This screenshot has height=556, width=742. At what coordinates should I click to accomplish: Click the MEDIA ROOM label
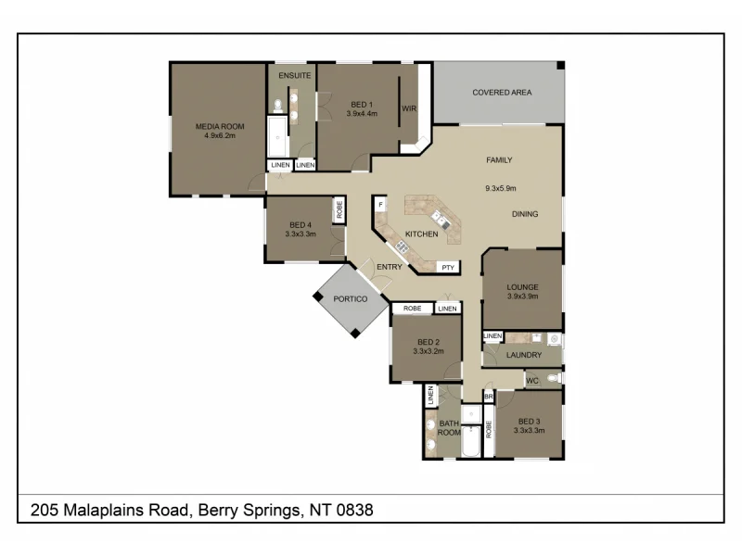tap(219, 126)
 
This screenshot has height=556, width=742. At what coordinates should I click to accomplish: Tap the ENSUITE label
tap(294, 75)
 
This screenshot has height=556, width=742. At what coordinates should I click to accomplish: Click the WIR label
tap(408, 108)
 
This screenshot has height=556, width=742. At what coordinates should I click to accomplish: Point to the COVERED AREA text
tap(502, 93)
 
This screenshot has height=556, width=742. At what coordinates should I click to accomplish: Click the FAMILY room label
tap(499, 160)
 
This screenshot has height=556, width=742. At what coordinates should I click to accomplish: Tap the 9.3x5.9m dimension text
tap(500, 188)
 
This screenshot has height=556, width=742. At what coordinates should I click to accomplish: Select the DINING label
tap(526, 214)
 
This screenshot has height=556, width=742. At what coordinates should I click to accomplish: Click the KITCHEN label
tap(421, 234)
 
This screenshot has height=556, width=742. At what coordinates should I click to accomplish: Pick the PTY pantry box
tap(447, 268)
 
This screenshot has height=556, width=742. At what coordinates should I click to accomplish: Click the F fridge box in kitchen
tap(380, 202)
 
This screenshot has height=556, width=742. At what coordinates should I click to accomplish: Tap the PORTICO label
tap(350, 299)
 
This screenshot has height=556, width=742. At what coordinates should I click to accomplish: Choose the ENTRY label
tap(390, 267)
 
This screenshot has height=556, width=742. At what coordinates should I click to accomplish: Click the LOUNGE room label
tap(522, 287)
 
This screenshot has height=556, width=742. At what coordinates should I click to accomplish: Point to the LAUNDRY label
tap(524, 355)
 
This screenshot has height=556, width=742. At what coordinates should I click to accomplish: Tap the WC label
tap(532, 380)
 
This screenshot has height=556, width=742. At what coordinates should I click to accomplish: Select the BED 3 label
tap(529, 421)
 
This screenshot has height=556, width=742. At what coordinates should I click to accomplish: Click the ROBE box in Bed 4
tap(339, 210)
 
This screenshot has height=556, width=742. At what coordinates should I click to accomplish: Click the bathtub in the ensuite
tap(278, 137)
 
